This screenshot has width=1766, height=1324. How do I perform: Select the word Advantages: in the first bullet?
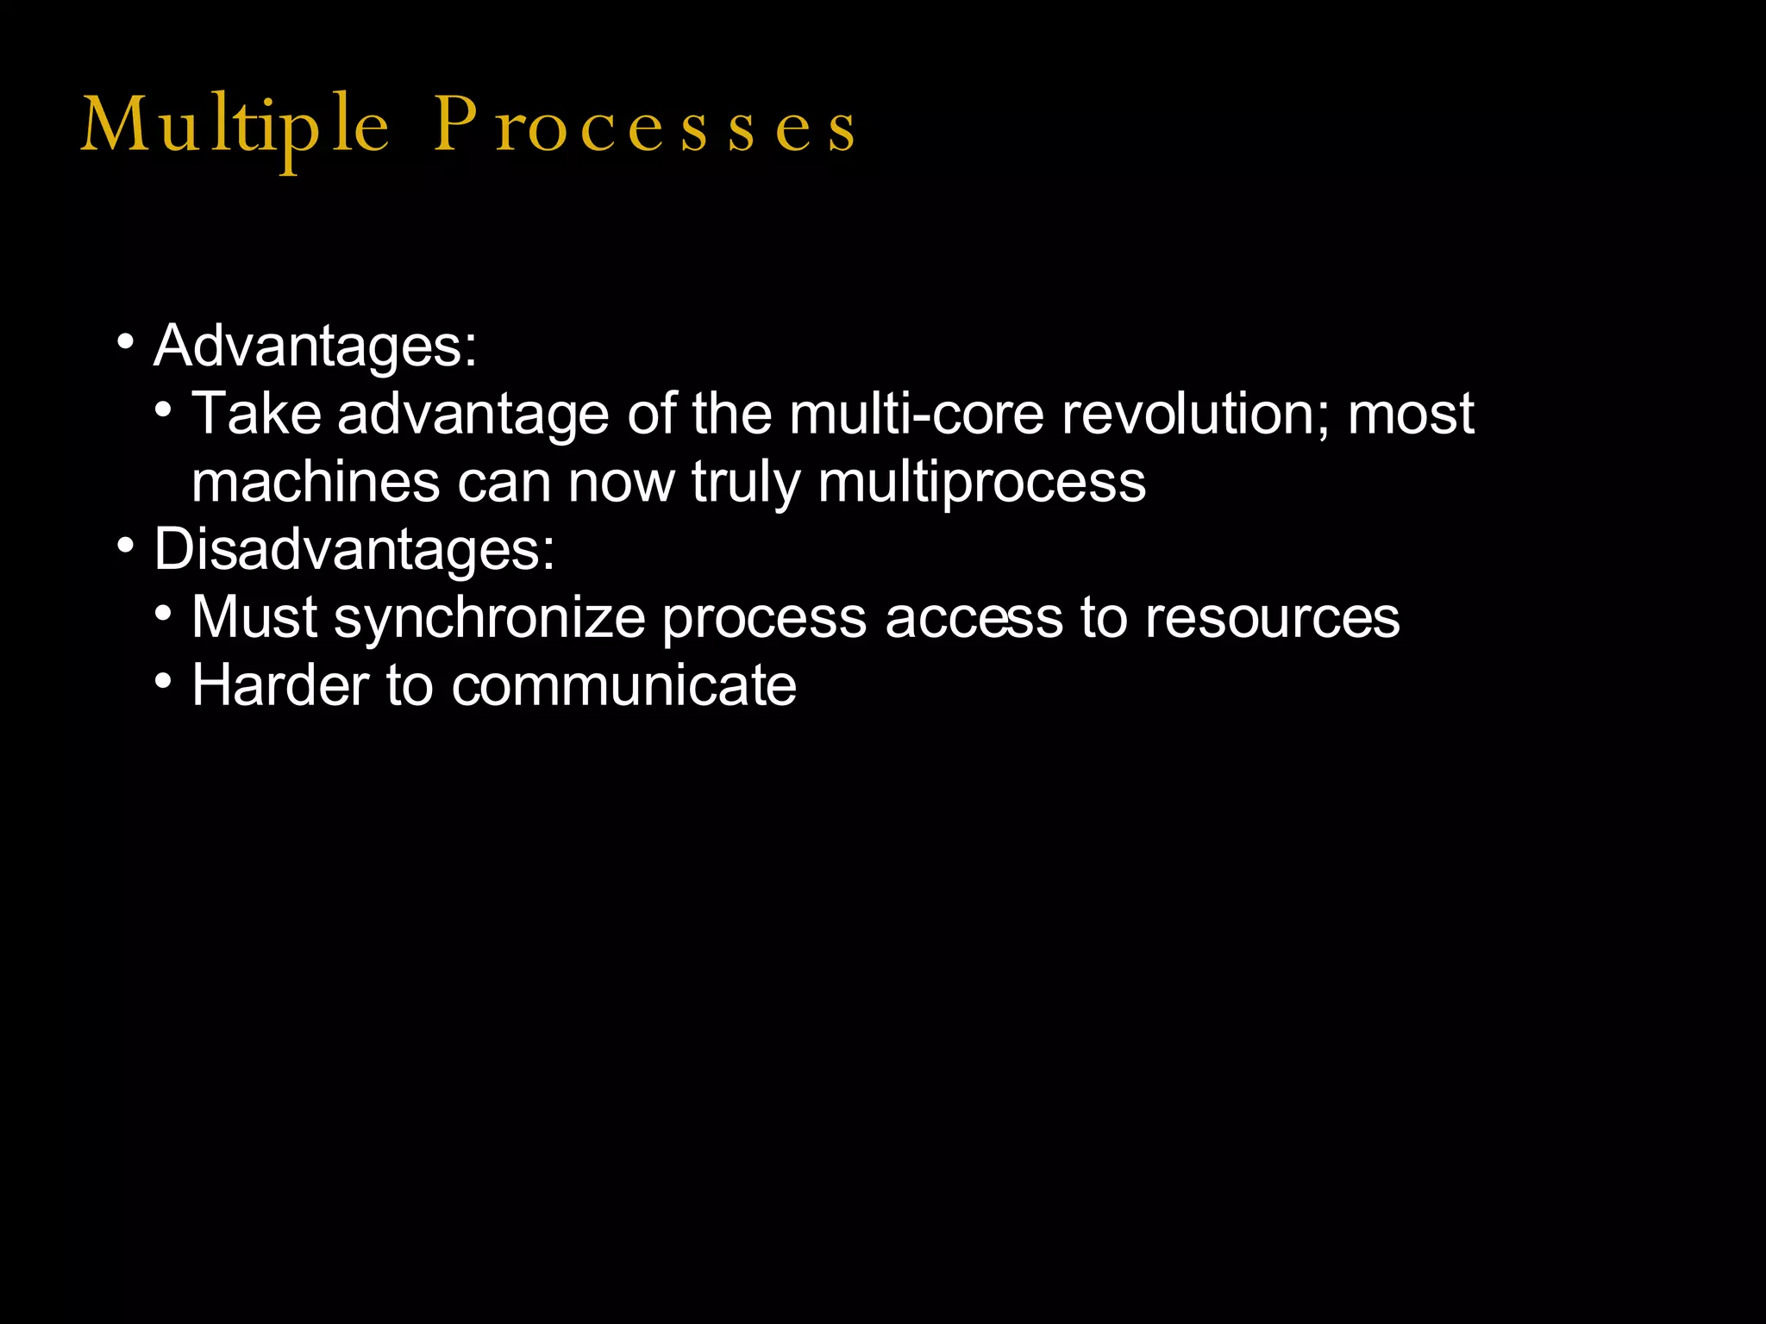tap(315, 347)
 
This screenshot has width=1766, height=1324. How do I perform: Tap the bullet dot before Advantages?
tap(126, 342)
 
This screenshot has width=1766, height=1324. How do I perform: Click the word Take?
tap(256, 414)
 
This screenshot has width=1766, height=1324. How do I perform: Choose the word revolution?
tap(1195, 414)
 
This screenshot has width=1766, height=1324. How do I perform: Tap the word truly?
tap(746, 483)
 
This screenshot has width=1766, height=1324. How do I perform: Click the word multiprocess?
tap(982, 483)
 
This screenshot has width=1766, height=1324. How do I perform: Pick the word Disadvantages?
tap(354, 549)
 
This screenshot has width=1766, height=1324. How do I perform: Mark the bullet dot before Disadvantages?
tap(126, 546)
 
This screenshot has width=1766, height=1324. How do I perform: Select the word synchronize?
tap(490, 619)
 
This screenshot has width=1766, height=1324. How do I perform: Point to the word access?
tap(974, 619)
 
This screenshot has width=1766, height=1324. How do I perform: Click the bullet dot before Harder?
tap(164, 681)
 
